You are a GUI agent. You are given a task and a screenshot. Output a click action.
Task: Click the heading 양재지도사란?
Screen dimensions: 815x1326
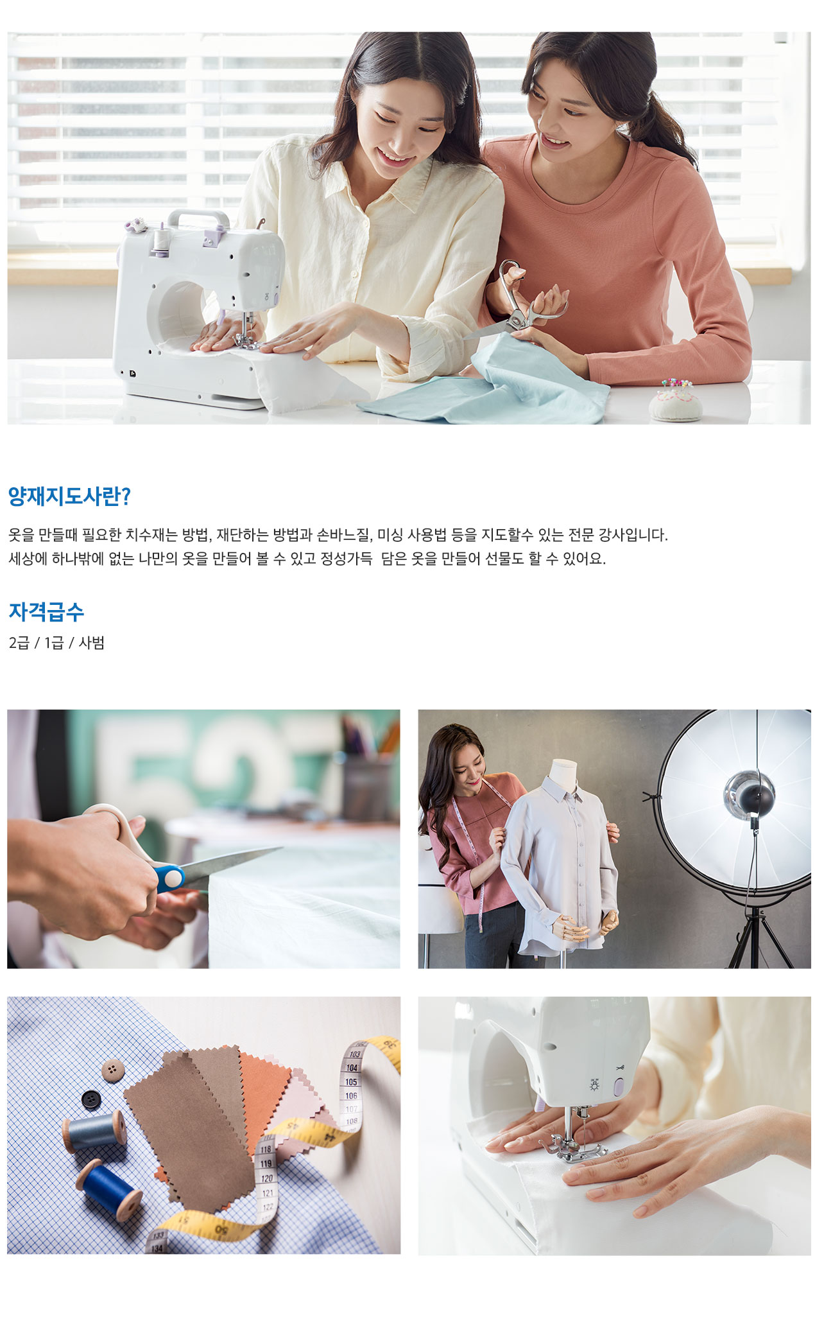point(69,496)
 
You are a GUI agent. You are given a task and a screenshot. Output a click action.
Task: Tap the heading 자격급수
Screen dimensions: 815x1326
point(46,611)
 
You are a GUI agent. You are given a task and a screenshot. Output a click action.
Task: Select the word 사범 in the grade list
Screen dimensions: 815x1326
point(91,643)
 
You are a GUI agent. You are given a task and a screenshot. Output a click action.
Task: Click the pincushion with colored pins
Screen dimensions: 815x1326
point(675,400)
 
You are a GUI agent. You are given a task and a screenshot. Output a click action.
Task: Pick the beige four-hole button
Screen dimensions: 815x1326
point(113,1070)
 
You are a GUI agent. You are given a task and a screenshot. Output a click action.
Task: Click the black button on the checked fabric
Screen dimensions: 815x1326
point(92,1099)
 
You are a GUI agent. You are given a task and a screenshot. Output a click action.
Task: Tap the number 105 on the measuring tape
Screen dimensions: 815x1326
point(351,1082)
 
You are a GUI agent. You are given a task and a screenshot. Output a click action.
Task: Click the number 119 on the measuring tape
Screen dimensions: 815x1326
point(266,1163)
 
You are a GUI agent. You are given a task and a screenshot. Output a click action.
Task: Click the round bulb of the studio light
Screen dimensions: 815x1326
point(749,794)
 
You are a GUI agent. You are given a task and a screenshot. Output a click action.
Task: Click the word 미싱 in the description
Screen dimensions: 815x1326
point(390,534)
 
